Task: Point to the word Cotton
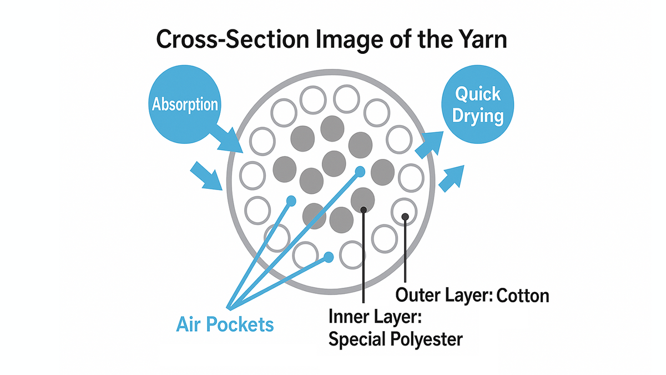tap(522, 294)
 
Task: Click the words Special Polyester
tap(395, 338)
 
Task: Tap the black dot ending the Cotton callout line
tap(405, 216)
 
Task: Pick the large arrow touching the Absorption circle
tap(228, 139)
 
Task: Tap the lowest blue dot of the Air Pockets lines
tap(329, 257)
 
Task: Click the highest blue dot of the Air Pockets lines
tap(360, 171)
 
